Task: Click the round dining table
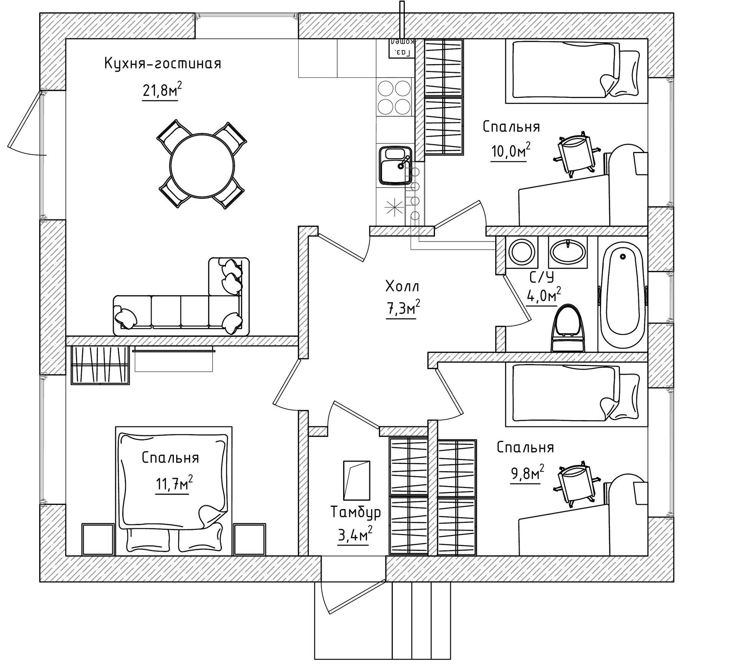coord(202,166)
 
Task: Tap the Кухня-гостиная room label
coord(163,64)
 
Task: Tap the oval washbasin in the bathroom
coord(567,252)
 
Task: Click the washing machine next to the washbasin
coord(522,252)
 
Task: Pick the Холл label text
coord(402,286)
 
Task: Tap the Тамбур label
coord(355,512)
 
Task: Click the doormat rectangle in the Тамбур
coord(357,480)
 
